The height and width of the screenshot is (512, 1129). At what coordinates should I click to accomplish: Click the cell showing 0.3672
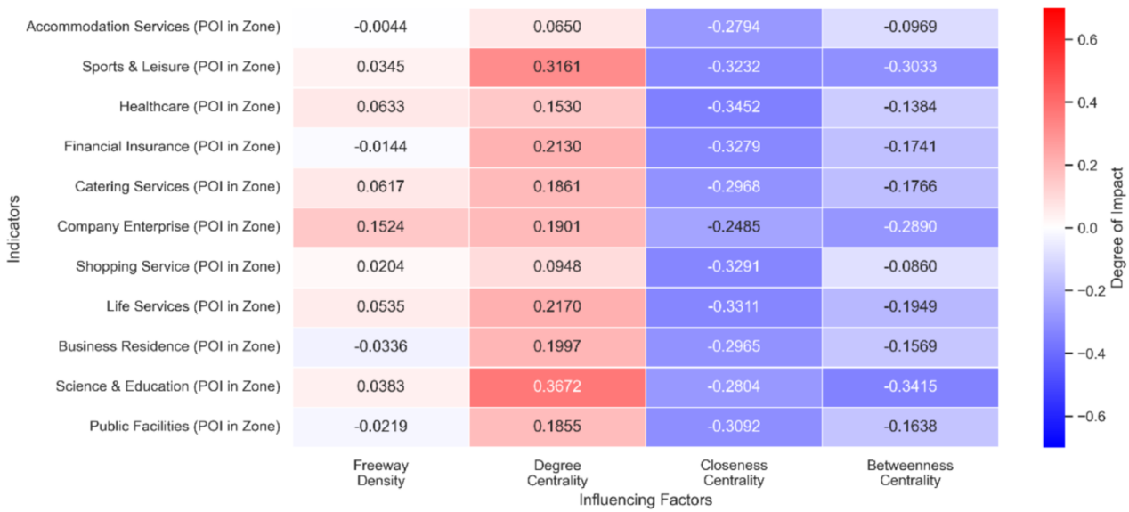(557, 386)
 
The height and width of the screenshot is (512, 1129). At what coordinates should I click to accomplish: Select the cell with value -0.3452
(734, 107)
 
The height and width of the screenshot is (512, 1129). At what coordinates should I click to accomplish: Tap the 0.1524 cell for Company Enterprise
(380, 226)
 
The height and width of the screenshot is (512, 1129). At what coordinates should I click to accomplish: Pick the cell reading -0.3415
(910, 386)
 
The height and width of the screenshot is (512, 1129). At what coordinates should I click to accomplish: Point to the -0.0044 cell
(380, 27)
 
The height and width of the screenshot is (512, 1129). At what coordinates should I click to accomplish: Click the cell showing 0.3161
(557, 67)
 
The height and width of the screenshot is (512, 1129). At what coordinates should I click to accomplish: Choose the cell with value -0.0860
(910, 266)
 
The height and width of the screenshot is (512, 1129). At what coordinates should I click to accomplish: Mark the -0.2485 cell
(734, 226)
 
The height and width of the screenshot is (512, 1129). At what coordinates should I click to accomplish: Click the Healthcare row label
(199, 107)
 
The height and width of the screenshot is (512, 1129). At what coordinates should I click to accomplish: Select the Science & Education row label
(167, 386)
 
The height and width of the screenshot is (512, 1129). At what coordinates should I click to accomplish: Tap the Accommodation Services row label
(153, 27)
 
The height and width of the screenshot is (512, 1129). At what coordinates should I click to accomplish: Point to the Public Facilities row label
(184, 427)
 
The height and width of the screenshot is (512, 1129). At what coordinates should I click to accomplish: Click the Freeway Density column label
(380, 473)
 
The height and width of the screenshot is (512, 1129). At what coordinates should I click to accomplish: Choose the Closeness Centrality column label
(734, 473)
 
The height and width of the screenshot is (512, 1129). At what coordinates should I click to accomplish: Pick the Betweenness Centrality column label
(910, 473)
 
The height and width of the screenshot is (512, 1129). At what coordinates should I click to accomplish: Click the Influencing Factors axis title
(646, 500)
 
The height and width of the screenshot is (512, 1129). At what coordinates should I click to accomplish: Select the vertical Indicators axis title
(12, 227)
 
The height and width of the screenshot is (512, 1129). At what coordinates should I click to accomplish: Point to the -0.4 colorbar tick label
(1090, 354)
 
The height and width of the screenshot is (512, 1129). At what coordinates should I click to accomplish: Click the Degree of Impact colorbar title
(1117, 227)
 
